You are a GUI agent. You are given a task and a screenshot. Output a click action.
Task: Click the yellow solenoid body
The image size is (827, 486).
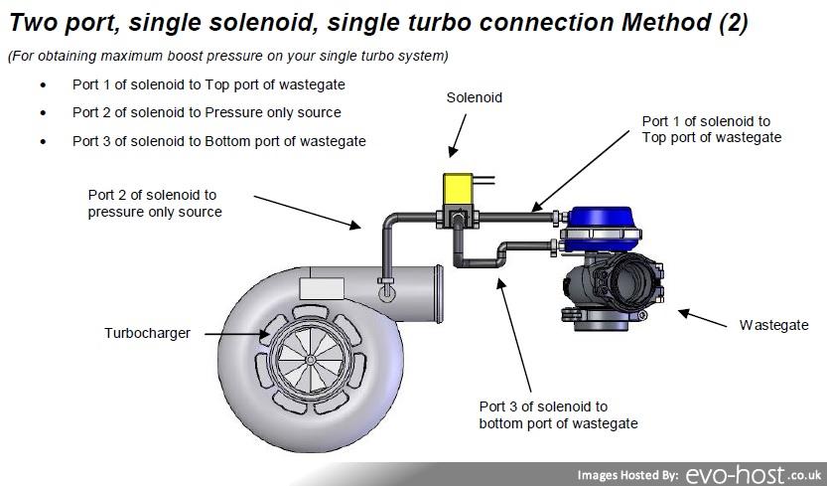click(457, 188)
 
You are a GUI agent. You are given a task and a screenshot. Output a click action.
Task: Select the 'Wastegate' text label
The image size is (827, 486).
click(774, 325)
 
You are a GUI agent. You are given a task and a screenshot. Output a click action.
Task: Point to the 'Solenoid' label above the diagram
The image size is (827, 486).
click(475, 97)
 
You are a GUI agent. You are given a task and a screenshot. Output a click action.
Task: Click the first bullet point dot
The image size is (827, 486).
click(43, 85)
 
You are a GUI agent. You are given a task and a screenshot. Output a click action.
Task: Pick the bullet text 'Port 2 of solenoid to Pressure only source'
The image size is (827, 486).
click(207, 112)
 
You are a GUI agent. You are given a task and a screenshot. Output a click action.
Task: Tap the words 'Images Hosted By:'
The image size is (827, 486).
click(627, 475)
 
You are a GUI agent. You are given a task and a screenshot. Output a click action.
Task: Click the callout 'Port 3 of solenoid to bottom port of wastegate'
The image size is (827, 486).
click(558, 415)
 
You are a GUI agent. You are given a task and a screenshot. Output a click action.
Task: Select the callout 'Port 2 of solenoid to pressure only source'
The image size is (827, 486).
click(154, 203)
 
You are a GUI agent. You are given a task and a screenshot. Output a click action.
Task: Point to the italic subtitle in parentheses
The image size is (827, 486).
click(227, 56)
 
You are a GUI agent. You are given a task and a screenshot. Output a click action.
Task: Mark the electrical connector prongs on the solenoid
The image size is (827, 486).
click(484, 182)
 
